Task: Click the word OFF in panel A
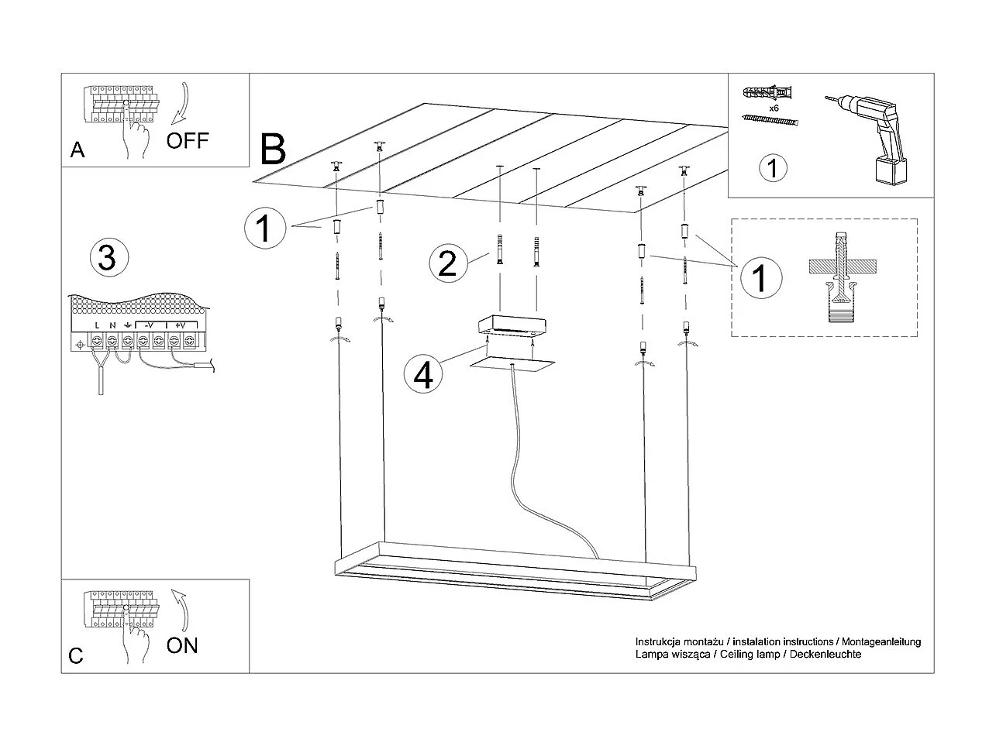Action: coord(188,140)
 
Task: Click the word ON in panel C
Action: coord(182,645)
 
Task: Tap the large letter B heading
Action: coord(273,150)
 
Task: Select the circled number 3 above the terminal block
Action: coord(107,257)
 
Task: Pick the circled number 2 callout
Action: coord(447,263)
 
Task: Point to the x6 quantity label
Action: coord(774,108)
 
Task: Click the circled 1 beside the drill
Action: coord(772,168)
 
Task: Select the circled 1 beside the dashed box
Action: coord(760,277)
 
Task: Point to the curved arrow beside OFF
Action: coord(184,103)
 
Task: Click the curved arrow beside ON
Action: coord(183,609)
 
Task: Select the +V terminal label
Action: coord(180,325)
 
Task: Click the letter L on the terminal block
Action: coord(97,325)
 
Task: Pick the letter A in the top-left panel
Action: coord(78,150)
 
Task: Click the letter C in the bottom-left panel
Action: coord(76,655)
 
